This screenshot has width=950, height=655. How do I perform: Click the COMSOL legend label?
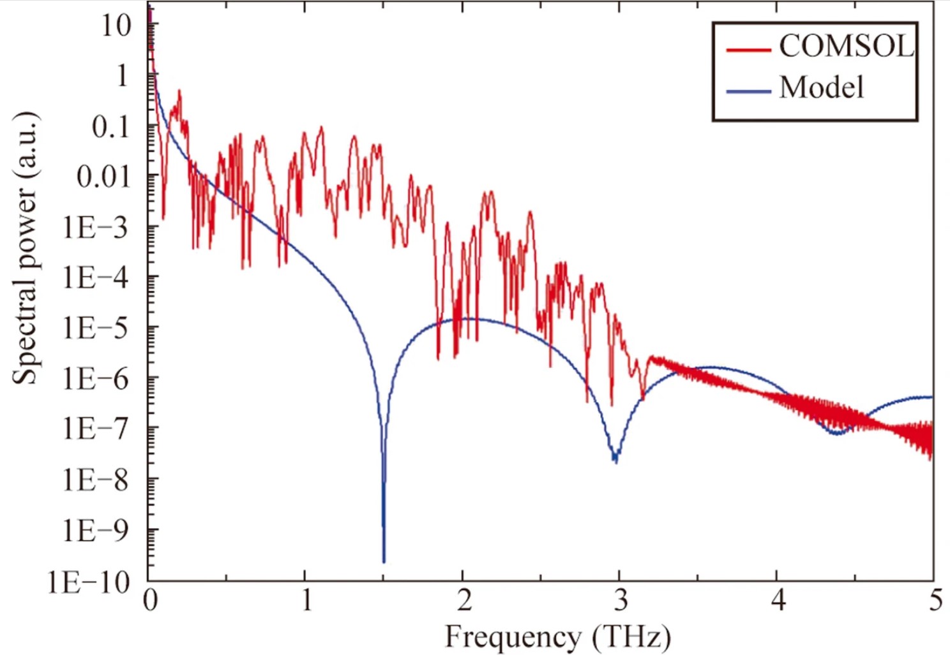pos(846,46)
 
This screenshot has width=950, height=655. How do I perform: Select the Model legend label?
pos(822,87)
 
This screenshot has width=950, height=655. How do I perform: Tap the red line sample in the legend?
pos(749,48)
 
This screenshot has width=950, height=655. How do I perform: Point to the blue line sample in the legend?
pos(749,91)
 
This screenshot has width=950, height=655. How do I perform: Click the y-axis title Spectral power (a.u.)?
pos(26,248)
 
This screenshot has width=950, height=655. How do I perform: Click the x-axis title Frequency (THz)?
pos(557,637)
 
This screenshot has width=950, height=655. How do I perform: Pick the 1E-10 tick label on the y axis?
pos(89,582)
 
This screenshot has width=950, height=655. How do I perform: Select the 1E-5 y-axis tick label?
pos(96,328)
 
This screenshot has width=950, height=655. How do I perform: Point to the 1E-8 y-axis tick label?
pos(96,480)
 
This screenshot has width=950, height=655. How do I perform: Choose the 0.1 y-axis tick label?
pos(110,127)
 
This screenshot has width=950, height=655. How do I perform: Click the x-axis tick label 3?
pos(620,600)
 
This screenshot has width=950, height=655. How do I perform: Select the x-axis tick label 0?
pos(150,600)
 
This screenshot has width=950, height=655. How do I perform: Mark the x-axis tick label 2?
pos(463,600)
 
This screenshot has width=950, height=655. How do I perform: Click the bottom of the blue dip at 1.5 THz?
pos(384,561)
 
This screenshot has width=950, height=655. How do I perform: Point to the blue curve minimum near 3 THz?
pos(615,460)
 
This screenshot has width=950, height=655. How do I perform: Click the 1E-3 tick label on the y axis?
pos(96,227)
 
